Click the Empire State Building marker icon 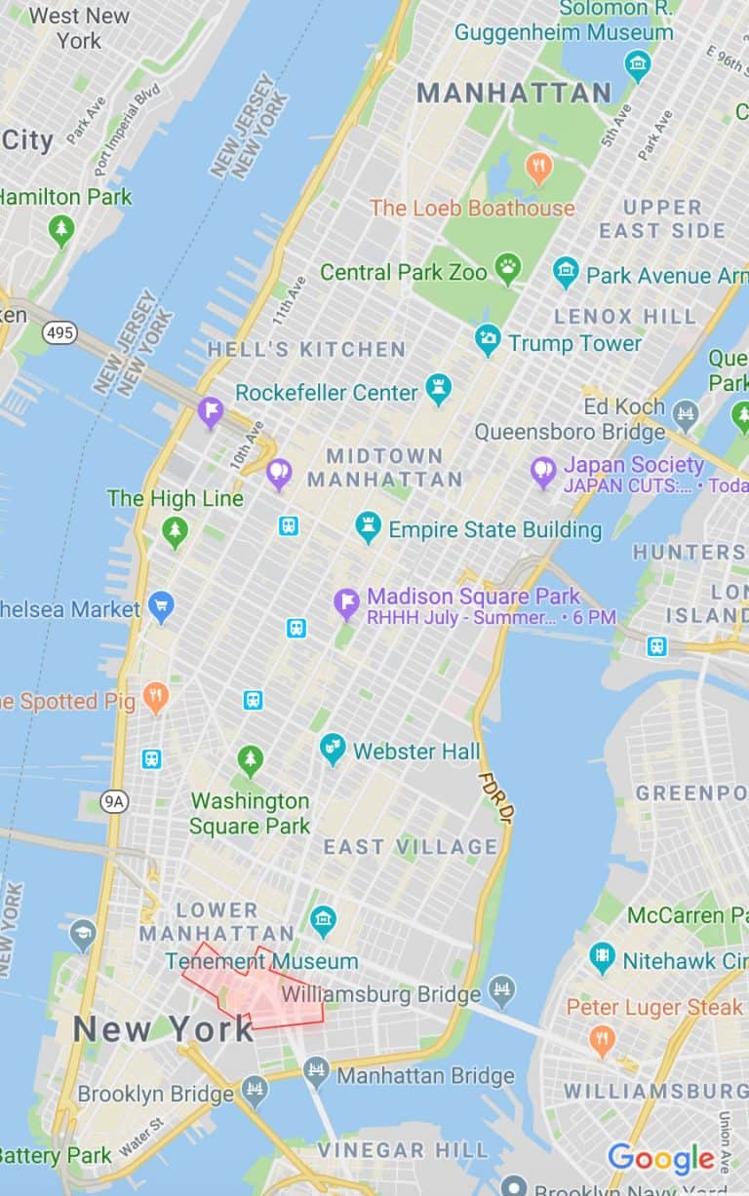coord(368,527)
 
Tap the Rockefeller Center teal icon coord(438,391)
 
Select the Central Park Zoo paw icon coord(508,269)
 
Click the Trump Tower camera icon coord(487,341)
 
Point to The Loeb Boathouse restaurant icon coord(538,168)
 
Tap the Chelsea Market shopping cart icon coord(161,607)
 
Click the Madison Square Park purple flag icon coord(346,603)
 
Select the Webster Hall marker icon coord(333,749)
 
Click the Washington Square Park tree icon coord(251,760)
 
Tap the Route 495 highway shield coord(59,333)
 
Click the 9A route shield coord(114,801)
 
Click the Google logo coord(661,1159)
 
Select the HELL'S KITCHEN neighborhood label coord(306,349)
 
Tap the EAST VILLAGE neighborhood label coord(411,846)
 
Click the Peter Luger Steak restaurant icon coord(603,1041)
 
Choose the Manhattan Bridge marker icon coord(316,1074)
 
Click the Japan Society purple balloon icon coord(543,473)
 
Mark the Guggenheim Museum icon coord(637,66)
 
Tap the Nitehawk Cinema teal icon coord(603,959)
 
